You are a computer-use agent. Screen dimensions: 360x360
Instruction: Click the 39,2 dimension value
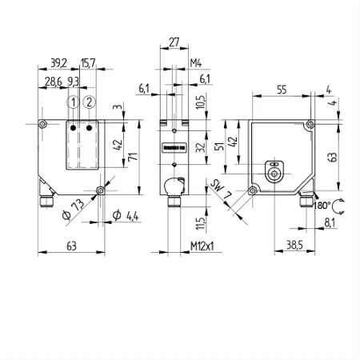click(x=58, y=63)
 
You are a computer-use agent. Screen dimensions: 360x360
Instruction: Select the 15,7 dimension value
click(x=88, y=63)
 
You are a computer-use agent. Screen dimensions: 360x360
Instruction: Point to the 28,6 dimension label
click(x=53, y=82)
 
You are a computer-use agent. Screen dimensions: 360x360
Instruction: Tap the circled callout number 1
click(x=73, y=102)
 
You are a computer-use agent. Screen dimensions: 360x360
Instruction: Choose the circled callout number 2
click(x=89, y=102)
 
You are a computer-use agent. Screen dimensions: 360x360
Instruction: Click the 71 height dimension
click(x=134, y=156)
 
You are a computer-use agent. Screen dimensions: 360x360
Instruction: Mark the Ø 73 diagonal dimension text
click(x=73, y=210)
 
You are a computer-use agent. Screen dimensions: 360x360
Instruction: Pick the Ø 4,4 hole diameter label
click(x=126, y=215)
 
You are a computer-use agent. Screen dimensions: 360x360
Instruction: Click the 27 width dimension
click(x=174, y=42)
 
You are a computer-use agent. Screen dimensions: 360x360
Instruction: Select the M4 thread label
click(x=196, y=63)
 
